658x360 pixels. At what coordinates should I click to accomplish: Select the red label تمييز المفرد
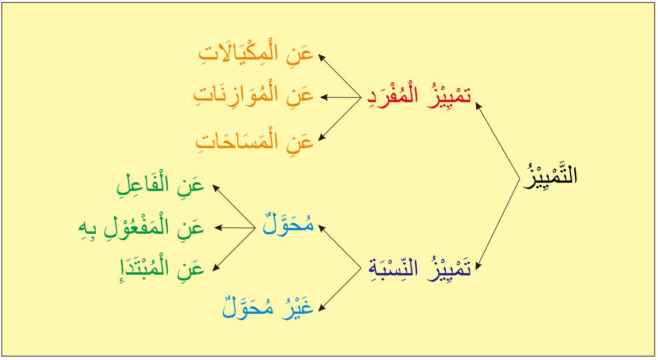[x=419, y=96]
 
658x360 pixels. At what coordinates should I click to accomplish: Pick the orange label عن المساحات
[x=255, y=141]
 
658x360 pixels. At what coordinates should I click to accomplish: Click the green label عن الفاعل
[x=160, y=185]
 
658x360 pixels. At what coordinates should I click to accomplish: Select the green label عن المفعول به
[x=141, y=229]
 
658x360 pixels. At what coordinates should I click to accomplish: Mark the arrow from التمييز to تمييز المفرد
[x=497, y=141]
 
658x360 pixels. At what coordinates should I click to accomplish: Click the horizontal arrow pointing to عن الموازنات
[x=340, y=98]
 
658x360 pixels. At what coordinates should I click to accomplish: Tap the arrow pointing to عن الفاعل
[x=234, y=206]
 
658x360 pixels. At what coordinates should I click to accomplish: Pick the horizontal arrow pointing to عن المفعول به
[x=234, y=228]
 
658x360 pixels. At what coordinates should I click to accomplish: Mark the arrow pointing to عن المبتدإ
[x=234, y=250]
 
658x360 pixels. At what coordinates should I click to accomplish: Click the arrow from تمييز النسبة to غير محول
[x=340, y=289]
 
